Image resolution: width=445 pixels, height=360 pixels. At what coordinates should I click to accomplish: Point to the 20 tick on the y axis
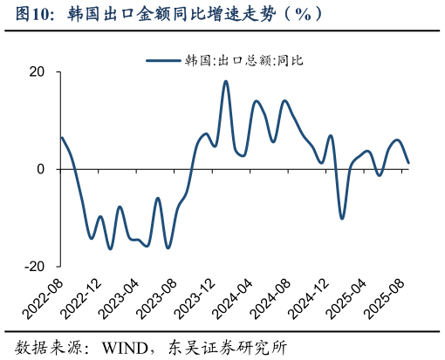[x=38, y=72]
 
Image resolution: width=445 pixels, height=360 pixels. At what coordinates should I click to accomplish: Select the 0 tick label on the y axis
[x=41, y=169]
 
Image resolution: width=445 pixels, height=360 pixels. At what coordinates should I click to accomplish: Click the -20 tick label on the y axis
[x=35, y=266]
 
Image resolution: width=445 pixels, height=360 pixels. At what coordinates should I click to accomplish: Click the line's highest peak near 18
[x=225, y=81]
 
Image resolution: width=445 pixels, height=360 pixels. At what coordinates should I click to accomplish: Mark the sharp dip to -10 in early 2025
[x=341, y=218]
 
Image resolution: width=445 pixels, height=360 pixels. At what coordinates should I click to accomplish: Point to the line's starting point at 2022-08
[x=61, y=138]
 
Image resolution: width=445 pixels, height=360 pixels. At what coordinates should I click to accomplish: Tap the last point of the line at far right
[x=408, y=163]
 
